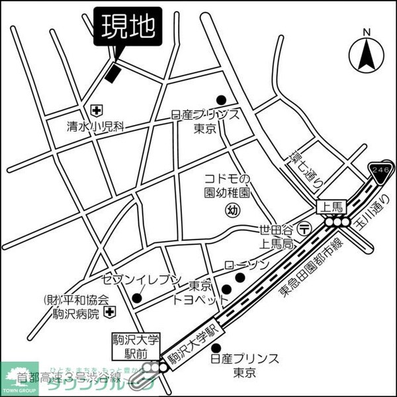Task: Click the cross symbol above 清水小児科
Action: coord(97,109)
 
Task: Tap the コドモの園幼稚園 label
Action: coord(227,186)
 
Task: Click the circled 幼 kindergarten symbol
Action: coord(232,210)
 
